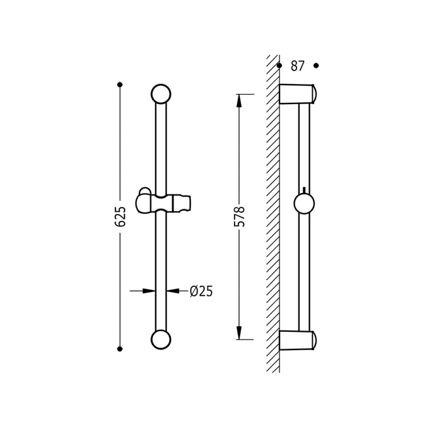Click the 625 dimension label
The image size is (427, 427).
[120, 216]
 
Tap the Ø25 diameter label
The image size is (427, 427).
[201, 291]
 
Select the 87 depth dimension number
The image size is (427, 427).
[298, 66]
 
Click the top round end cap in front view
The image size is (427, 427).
[161, 94]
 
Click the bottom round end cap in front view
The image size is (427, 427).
[161, 339]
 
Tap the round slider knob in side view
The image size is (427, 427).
[304, 204]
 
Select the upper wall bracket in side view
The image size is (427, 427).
[297, 94]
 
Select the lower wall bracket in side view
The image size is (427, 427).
[297, 340]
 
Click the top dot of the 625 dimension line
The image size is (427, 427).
[120, 85]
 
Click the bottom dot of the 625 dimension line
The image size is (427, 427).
[120, 349]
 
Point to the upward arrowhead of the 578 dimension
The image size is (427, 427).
[239, 100]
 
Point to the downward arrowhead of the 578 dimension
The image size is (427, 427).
[239, 333]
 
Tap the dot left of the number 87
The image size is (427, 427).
[279, 65]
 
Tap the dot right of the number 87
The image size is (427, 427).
[316, 65]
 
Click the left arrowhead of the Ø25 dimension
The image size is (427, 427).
[149, 291]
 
